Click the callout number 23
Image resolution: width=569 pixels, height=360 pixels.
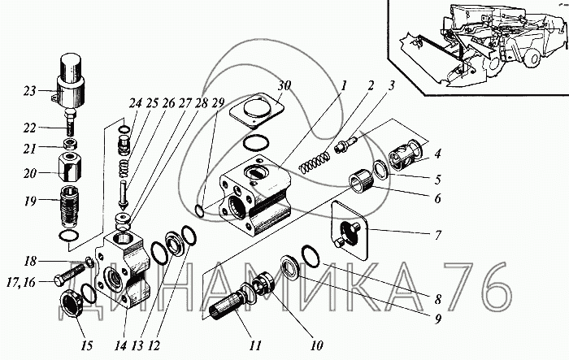pyautogui.click(x=30, y=91)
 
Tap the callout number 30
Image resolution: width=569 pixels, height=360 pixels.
pyautogui.click(x=284, y=87)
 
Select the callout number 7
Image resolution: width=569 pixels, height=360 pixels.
pyautogui.click(x=438, y=235)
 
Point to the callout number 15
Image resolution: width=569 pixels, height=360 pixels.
pyautogui.click(x=87, y=345)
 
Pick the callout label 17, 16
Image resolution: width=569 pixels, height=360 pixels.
pyautogui.click(x=21, y=282)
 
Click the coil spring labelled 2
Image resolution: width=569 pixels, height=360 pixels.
pyautogui.click(x=315, y=162)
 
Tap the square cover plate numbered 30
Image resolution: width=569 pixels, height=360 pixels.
pyautogui.click(x=256, y=109)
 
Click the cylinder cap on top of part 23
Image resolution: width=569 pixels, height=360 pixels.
pyautogui.click(x=71, y=67)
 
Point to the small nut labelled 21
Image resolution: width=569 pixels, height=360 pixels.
pyautogui.click(x=70, y=143)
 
